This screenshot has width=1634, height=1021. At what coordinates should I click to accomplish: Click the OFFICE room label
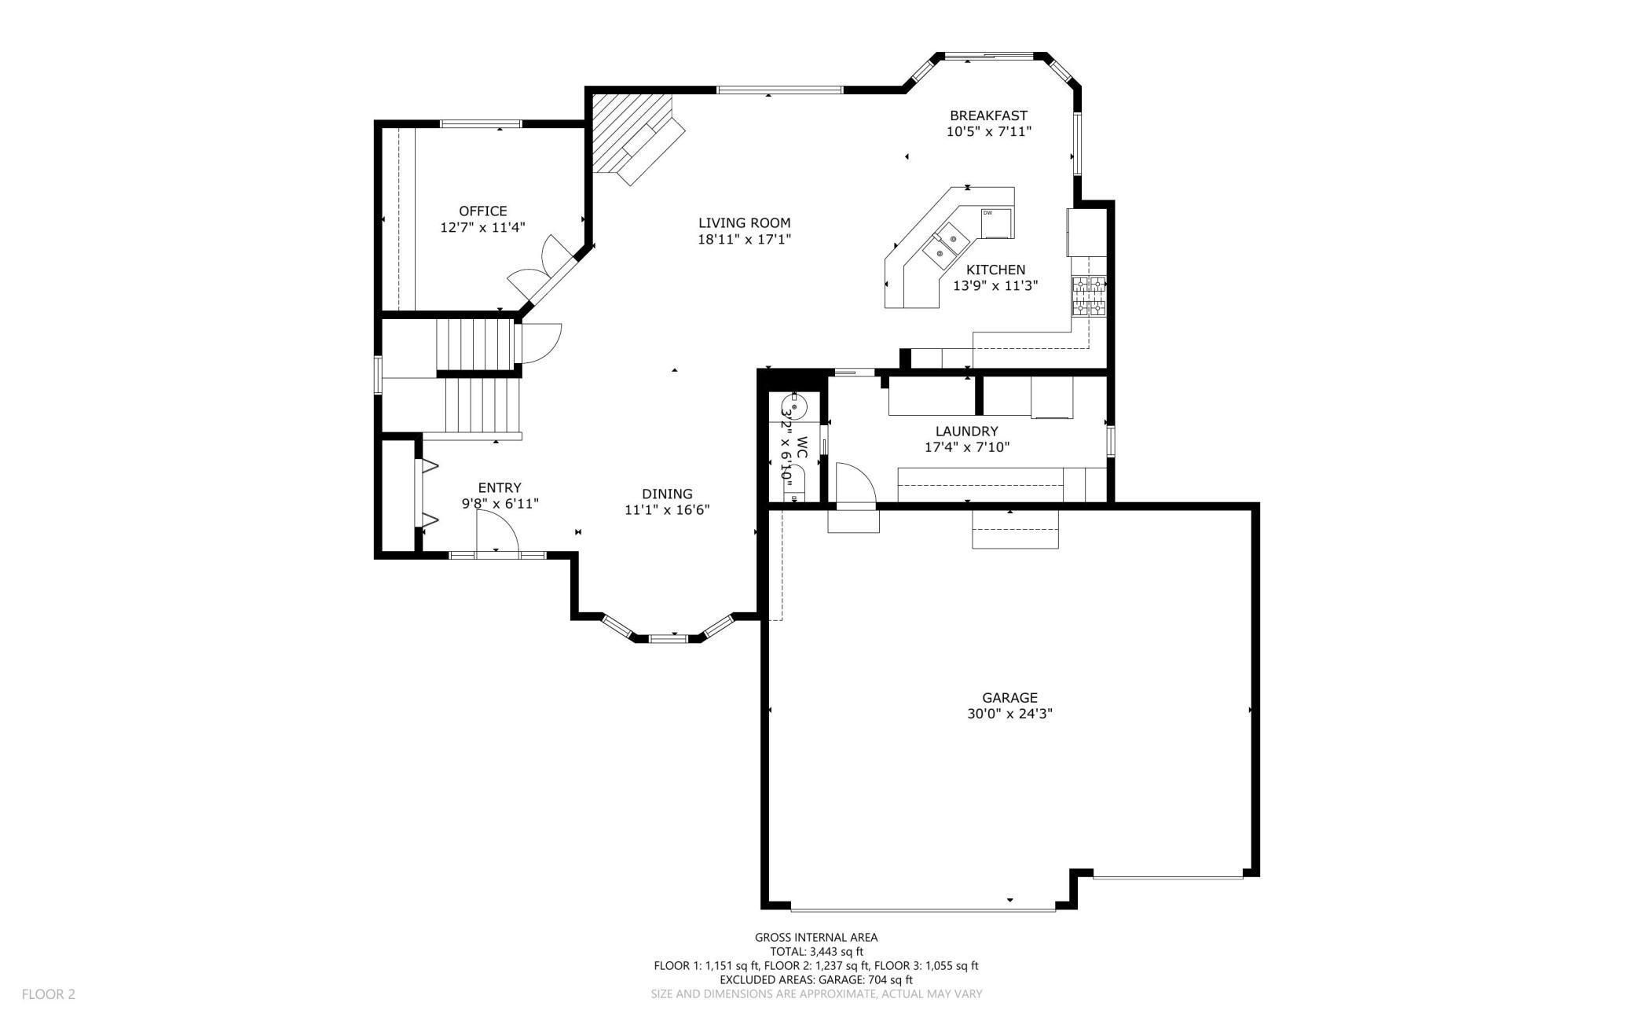(482, 211)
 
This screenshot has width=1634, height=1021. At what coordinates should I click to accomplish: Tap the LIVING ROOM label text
(744, 222)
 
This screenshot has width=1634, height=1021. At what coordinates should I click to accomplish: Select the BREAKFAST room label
(988, 116)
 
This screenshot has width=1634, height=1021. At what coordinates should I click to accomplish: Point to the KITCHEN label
(995, 270)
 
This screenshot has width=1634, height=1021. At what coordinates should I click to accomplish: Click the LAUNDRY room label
(966, 431)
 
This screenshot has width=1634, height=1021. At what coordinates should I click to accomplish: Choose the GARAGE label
(1009, 697)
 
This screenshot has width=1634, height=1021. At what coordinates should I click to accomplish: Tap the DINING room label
(667, 494)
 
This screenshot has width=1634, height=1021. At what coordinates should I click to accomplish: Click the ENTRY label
(500, 487)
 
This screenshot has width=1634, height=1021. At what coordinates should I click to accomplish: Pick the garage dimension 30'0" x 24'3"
(1009, 714)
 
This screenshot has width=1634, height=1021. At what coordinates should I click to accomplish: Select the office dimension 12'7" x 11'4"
(482, 227)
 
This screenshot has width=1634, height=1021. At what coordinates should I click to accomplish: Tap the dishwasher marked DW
(995, 223)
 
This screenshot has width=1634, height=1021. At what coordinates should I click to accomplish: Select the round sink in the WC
(795, 408)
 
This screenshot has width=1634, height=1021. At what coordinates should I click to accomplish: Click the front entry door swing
(497, 532)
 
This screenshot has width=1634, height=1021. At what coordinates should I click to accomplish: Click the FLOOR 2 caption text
(49, 994)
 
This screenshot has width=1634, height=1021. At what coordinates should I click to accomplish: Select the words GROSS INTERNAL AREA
(816, 937)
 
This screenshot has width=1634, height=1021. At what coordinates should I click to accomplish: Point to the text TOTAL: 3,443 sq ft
(816, 951)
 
